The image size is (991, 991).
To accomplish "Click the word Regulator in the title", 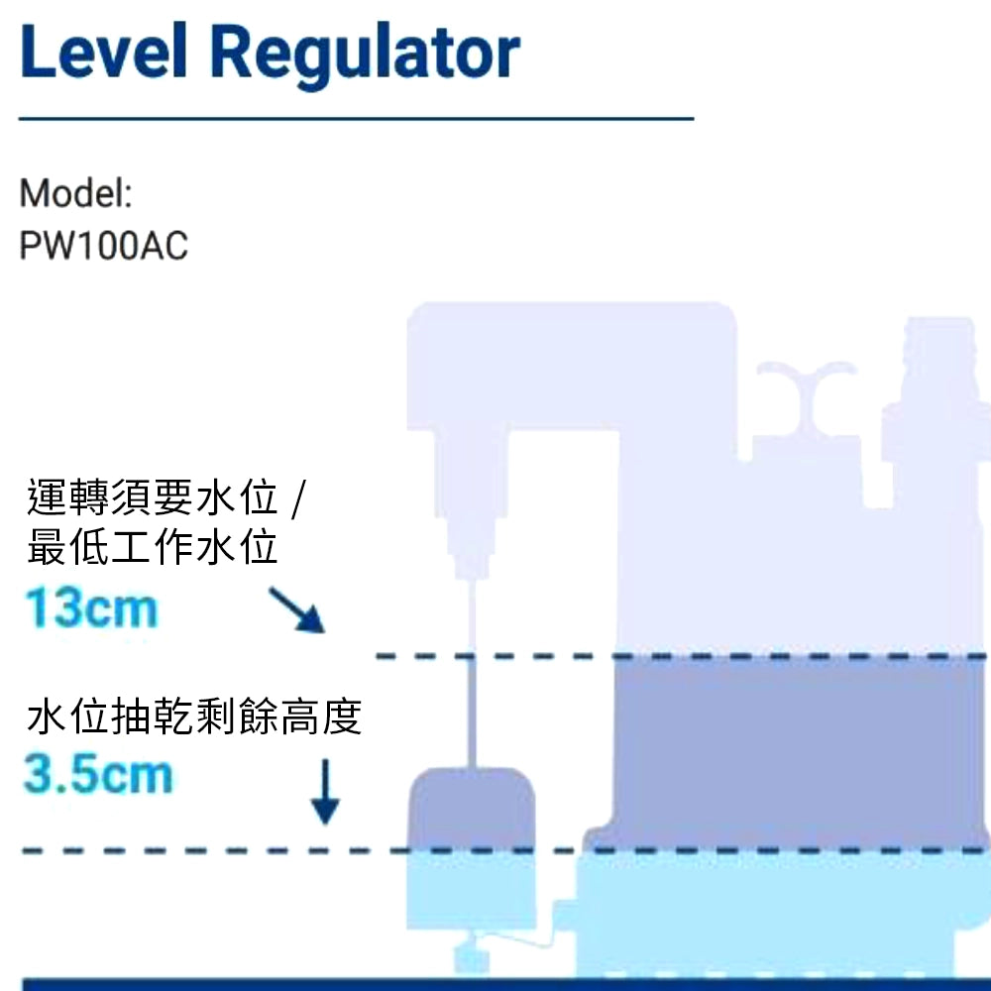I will (x=364, y=54).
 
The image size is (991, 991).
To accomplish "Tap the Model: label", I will (x=75, y=193).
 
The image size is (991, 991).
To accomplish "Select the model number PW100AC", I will (x=103, y=247).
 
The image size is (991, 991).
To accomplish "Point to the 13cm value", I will (x=91, y=607).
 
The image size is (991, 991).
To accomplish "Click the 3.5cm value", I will (x=97, y=775).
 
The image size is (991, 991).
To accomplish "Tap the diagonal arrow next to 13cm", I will (x=297, y=609).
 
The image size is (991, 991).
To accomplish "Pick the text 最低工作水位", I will (x=153, y=547).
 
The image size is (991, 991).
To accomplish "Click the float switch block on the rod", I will (x=472, y=809).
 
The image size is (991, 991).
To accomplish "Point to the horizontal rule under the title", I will (x=357, y=119).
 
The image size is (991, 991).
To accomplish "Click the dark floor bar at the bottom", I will (x=495, y=983).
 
